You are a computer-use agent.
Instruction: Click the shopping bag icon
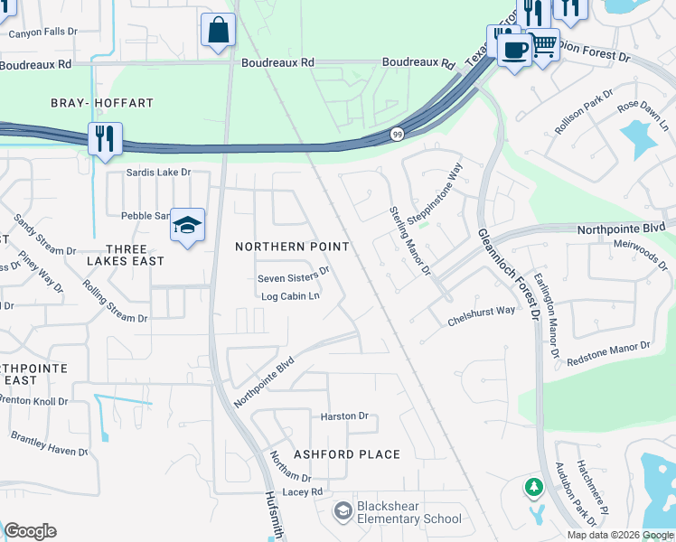point(219,30)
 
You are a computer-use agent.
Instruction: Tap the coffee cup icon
point(514,51)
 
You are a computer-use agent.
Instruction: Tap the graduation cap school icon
point(187,226)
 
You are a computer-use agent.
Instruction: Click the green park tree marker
point(534,488)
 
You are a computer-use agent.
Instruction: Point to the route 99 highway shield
point(397,134)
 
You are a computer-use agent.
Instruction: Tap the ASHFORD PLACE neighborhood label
point(346,454)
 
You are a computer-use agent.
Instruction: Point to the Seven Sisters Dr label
point(294,269)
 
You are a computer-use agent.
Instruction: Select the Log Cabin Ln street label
point(290,295)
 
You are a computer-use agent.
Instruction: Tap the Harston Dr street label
point(344,416)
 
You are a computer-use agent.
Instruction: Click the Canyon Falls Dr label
point(43,32)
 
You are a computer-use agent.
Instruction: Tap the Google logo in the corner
point(30,531)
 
